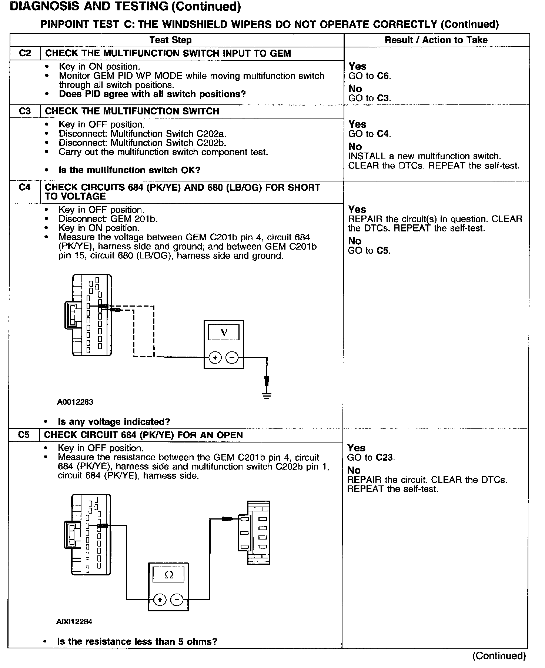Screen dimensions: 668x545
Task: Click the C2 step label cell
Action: point(25,53)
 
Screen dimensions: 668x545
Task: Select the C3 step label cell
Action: point(25,111)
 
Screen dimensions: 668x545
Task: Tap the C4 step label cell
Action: point(24,187)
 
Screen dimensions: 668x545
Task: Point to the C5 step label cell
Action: point(24,435)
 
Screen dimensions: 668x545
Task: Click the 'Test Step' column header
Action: point(170,40)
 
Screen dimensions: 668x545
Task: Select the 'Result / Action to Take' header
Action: point(436,40)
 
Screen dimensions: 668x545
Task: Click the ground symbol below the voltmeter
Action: point(267,395)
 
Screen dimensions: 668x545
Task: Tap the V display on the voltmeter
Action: point(224,332)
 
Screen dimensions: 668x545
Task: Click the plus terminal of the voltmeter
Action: point(215,358)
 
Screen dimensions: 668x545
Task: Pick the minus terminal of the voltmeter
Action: point(232,358)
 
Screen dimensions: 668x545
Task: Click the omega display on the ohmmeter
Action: point(168,575)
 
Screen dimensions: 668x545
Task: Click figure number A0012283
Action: point(75,402)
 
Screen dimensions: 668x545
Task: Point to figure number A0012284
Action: point(74,622)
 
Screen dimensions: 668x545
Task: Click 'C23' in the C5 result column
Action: point(385,457)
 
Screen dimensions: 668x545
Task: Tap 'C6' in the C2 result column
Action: point(384,76)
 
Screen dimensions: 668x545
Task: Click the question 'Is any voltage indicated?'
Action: point(114,422)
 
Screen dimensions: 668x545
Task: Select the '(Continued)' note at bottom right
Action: point(499,656)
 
